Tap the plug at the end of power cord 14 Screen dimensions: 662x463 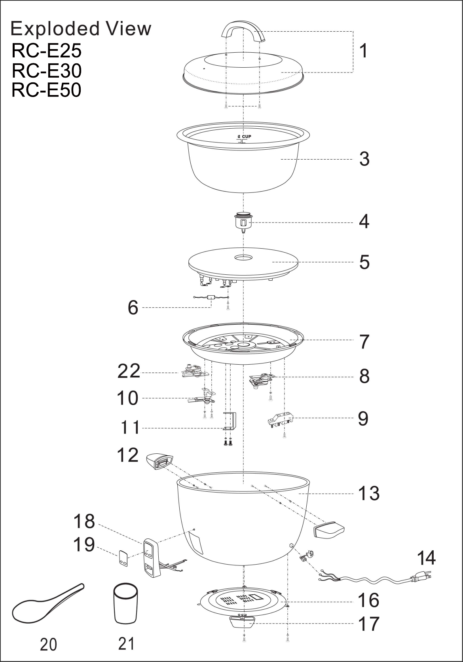[x=420, y=578]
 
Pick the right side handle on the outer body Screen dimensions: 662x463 [x=329, y=530]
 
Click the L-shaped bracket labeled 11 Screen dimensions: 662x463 [x=230, y=421]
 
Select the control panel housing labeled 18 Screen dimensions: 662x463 [x=150, y=558]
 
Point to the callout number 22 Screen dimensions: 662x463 [x=129, y=371]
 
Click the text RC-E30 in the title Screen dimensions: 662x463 [x=47, y=70]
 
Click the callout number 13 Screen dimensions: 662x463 [x=369, y=493]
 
